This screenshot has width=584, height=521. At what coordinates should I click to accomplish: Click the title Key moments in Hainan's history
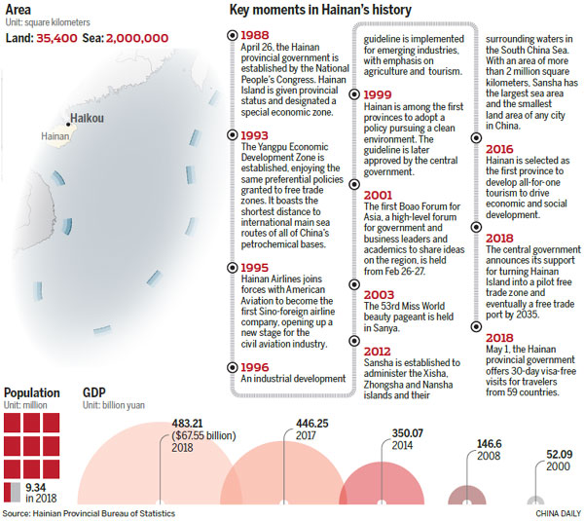(x=319, y=11)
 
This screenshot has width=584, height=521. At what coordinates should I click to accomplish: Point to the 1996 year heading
(x=256, y=366)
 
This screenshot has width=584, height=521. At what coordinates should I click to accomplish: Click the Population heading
(x=31, y=393)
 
